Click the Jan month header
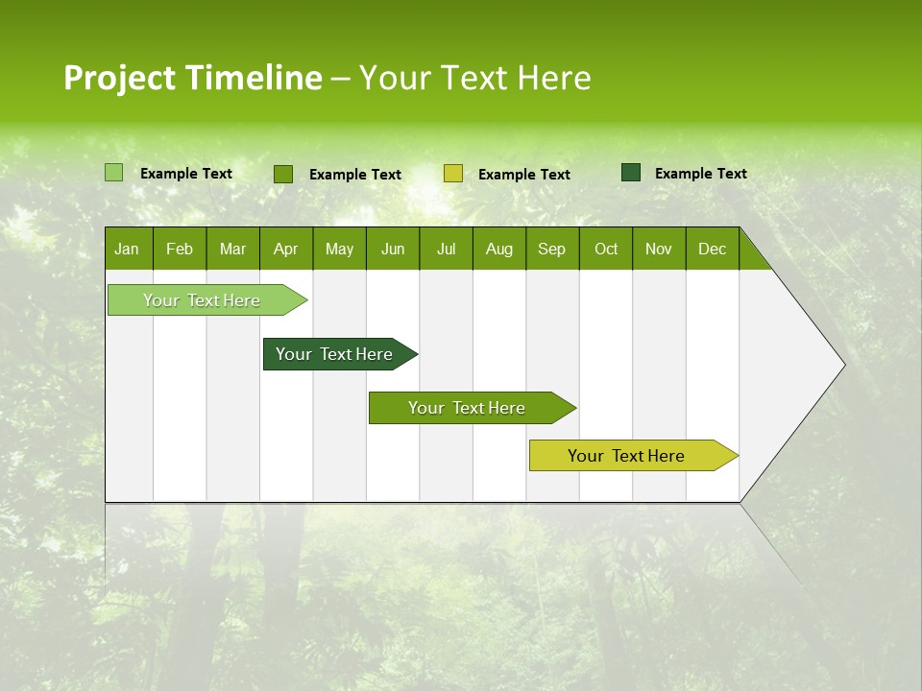click(127, 250)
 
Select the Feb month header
click(180, 250)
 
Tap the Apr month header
click(285, 250)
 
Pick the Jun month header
click(393, 250)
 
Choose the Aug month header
click(498, 250)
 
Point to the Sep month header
click(551, 250)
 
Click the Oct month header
click(606, 250)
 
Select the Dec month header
click(712, 250)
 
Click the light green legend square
click(113, 173)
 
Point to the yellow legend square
click(453, 174)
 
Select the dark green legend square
click(630, 173)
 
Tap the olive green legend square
click(283, 174)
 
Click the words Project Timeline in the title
click(192, 78)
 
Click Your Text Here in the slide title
click(474, 78)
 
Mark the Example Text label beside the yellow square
click(523, 175)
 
